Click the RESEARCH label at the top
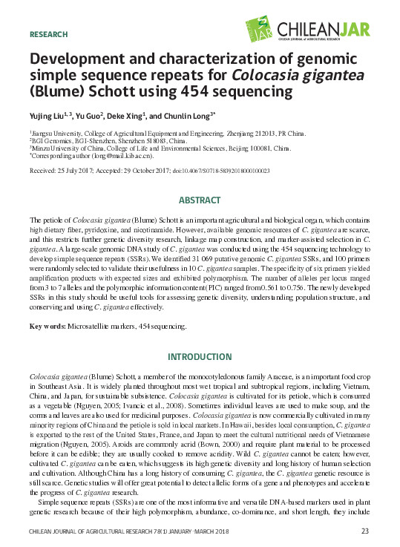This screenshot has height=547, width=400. (48, 35)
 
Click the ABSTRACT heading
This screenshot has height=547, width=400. (200, 201)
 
